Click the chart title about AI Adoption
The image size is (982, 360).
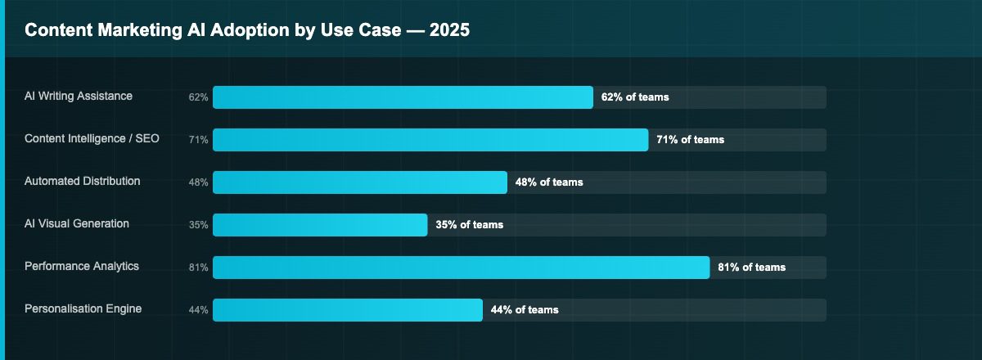click(x=246, y=30)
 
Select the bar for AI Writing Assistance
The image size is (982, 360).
click(x=403, y=97)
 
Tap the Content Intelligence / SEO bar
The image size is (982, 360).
click(x=430, y=140)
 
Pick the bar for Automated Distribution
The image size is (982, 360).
click(x=360, y=182)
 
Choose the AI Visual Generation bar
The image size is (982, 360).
click(x=320, y=225)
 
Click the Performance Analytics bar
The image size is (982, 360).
click(x=461, y=268)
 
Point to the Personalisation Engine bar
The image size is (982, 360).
click(x=348, y=310)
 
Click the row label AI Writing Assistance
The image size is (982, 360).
click(x=79, y=97)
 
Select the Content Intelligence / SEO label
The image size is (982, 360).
click(x=92, y=139)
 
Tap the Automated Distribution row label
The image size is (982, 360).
click(x=83, y=182)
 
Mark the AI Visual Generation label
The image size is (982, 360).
click(x=77, y=224)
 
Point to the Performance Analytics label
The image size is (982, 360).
click(x=82, y=267)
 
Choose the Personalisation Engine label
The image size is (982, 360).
click(x=83, y=309)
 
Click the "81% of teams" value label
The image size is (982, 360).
click(x=751, y=268)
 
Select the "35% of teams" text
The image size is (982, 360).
click(x=469, y=225)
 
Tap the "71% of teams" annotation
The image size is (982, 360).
click(x=690, y=140)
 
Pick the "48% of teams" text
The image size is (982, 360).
click(x=549, y=182)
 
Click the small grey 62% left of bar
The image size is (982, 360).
click(x=198, y=97)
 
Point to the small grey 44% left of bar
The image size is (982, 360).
click(x=198, y=310)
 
